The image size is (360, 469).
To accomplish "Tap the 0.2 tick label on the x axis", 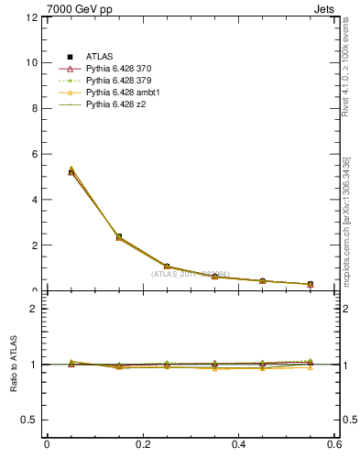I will [142, 446].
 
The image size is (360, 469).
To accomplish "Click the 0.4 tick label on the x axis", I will [238, 446].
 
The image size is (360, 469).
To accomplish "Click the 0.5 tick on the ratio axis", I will [29, 420].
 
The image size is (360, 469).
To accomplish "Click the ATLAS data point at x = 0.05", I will [71, 172].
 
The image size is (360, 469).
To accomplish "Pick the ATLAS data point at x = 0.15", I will [118, 236].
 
